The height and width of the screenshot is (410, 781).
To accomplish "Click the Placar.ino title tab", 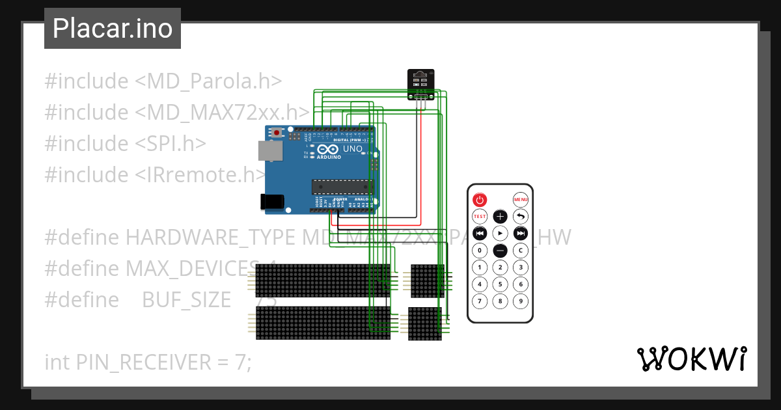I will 112,29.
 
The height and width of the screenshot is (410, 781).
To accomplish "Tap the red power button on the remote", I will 480,200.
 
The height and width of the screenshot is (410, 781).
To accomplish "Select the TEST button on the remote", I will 480,217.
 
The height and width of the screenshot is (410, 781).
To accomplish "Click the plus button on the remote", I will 500,217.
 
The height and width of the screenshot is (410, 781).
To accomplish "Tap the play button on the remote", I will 500,233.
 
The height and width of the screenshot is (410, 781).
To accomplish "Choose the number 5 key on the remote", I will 500,284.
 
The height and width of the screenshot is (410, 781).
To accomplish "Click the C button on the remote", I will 520,251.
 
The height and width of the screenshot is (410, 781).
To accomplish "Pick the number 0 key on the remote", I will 480,251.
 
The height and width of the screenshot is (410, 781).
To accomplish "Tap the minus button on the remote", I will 500,251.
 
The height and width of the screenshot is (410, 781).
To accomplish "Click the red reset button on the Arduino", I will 277,133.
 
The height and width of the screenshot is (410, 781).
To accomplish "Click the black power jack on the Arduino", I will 273,202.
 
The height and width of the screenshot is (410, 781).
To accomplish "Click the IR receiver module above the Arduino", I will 421,83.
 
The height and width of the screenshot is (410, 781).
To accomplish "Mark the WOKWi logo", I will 691,359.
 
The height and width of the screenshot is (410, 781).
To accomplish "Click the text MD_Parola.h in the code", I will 215,81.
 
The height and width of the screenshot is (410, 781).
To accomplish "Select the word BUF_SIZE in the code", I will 186,300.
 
